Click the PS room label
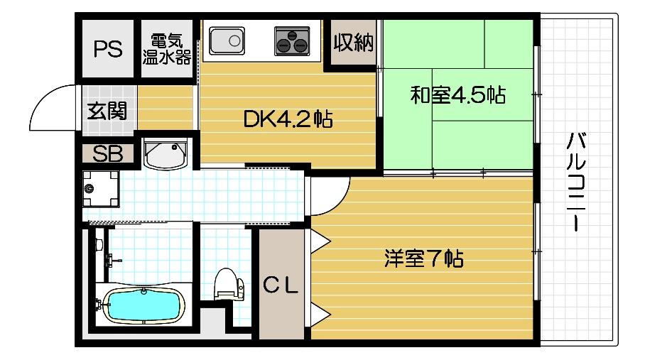click(108, 50)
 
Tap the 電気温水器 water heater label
click(167, 49)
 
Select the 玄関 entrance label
click(108, 111)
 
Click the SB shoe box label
click(108, 153)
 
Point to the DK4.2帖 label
click(288, 119)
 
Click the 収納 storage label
click(353, 43)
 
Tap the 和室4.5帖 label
click(458, 96)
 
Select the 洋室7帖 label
click(423, 258)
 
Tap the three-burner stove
click(291, 40)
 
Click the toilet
click(227, 286)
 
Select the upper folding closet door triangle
click(316, 240)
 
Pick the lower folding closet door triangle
click(316, 316)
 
